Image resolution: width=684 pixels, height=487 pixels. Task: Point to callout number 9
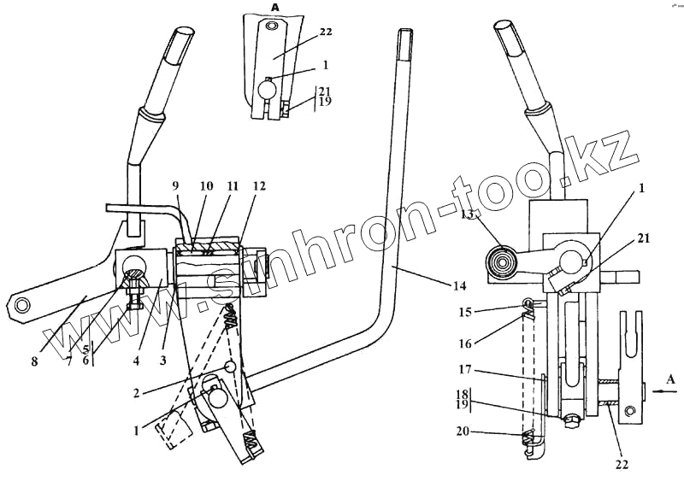pyautogui.click(x=176, y=186)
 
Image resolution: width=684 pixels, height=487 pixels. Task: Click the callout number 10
pyautogui.click(x=205, y=186)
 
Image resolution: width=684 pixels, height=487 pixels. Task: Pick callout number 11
pyautogui.click(x=233, y=186)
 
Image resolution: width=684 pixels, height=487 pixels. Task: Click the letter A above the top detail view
pyautogui.click(x=275, y=7)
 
